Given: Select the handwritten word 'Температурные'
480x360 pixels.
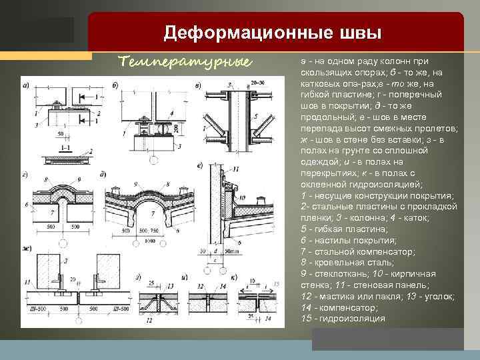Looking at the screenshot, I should point(185,62).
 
